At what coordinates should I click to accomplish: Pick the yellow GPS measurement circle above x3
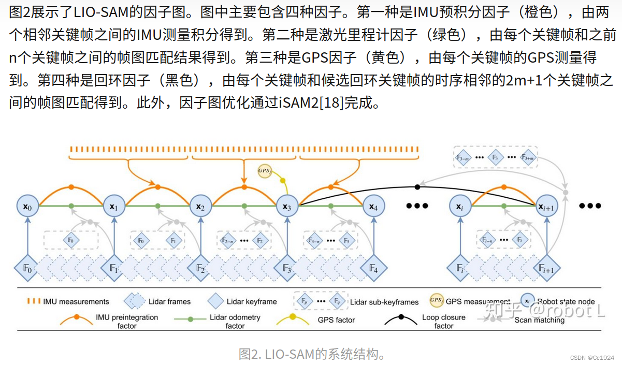(265, 170)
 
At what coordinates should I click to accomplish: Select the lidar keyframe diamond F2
(200, 269)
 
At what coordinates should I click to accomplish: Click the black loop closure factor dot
(417, 186)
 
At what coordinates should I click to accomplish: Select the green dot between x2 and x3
(243, 206)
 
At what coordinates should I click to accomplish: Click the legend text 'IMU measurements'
(76, 301)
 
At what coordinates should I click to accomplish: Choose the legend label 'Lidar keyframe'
(252, 301)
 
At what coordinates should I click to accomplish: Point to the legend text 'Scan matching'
(539, 320)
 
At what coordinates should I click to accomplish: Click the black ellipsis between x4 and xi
(417, 206)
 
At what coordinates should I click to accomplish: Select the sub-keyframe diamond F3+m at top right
(528, 157)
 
